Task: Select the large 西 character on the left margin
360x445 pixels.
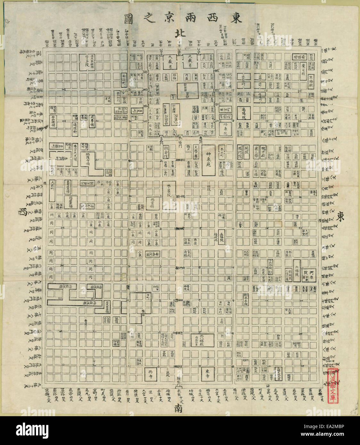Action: pyautogui.click(x=23, y=212)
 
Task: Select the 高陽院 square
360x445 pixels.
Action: pyautogui.click(x=244, y=113)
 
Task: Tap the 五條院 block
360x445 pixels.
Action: pyautogui.click(x=221, y=236)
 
